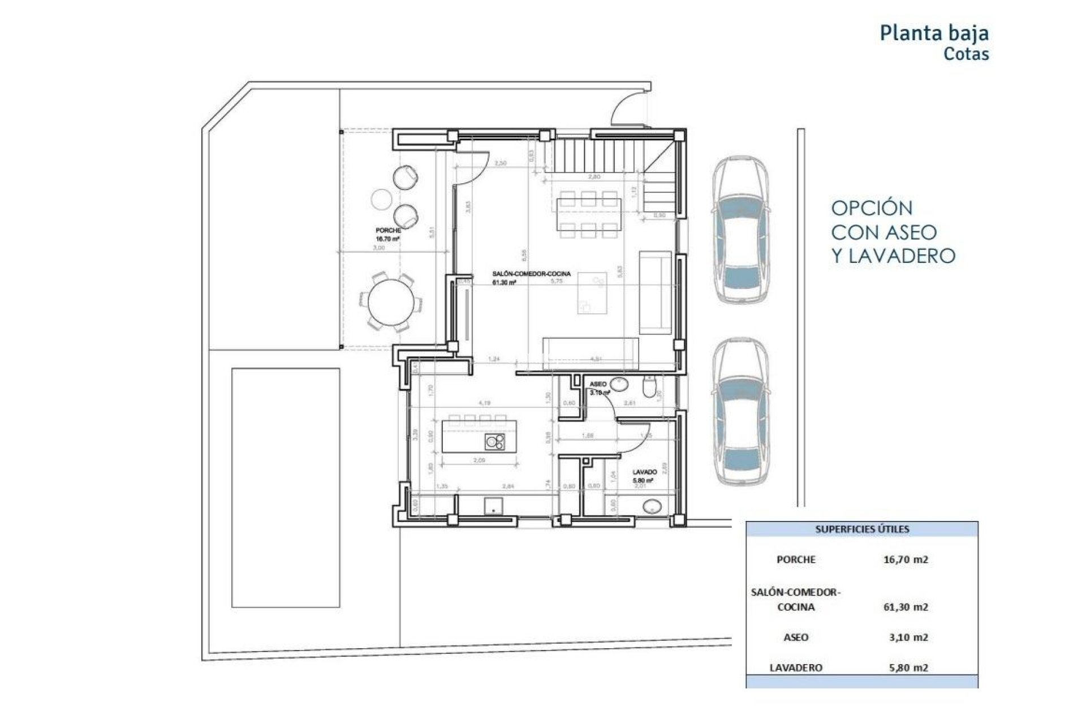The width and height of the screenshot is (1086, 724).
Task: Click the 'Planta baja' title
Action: [x=934, y=33]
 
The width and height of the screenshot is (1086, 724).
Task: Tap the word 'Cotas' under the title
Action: [x=966, y=54]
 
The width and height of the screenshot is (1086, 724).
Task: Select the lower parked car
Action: [x=740, y=412]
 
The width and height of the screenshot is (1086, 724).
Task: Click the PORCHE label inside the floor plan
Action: [x=388, y=231]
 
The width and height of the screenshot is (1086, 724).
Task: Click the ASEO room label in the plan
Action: [x=598, y=384]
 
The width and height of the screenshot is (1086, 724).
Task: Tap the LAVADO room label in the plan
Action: [x=644, y=472]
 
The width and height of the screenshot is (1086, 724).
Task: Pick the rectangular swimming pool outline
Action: [x=286, y=488]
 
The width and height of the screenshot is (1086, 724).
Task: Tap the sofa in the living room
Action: [x=655, y=292]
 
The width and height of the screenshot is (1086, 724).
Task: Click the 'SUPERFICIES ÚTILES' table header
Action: [x=862, y=529]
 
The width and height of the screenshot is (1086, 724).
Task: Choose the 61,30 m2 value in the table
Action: [x=906, y=607]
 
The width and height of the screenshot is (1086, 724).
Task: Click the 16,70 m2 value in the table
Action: [x=906, y=559]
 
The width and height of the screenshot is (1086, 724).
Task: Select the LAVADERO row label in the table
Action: [x=795, y=667]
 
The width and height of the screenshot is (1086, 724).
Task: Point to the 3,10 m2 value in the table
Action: [x=908, y=637]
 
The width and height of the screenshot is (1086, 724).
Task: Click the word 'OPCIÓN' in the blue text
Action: [x=872, y=208]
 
